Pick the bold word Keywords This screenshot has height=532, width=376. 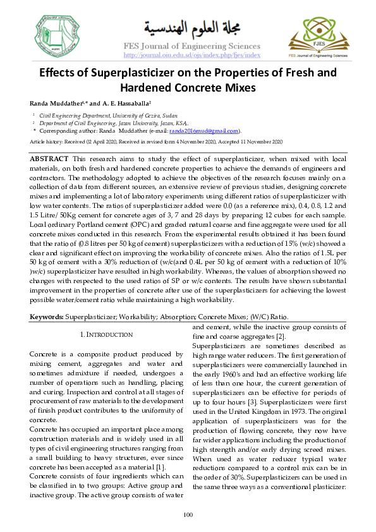pyautogui.click(x=47, y=316)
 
